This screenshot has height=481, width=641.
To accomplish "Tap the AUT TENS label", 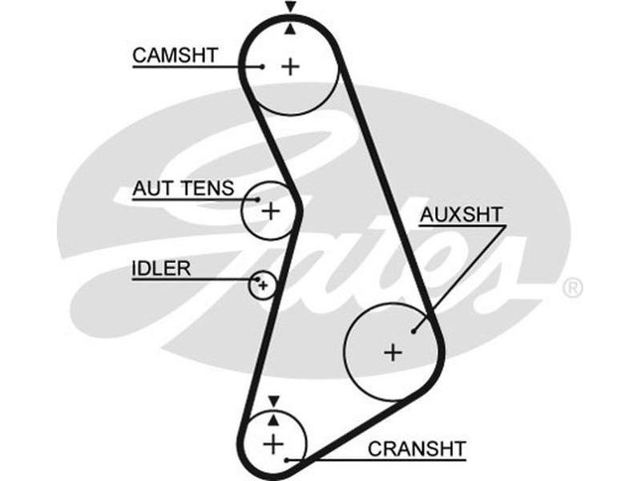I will (183, 189).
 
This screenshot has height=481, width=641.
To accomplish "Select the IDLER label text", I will (161, 269).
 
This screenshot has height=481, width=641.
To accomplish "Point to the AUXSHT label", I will (462, 215).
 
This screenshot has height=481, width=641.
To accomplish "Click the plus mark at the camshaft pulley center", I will (290, 67).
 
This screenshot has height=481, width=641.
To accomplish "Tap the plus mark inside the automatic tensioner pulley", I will (271, 211).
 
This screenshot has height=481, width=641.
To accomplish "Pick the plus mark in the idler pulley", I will (262, 285).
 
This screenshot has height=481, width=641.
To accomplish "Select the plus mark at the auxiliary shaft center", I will (392, 351).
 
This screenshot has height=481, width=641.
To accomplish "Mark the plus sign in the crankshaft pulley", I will (274, 443).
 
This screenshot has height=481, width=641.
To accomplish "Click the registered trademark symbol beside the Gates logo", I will (573, 288).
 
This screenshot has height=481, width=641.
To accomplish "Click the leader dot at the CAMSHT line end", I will (262, 67).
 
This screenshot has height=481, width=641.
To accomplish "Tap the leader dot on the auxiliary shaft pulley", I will (413, 329).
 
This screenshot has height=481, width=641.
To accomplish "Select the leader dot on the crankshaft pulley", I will (286, 460).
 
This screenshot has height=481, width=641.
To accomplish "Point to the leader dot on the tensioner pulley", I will (256, 198).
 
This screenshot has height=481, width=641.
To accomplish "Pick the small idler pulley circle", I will (262, 285).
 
